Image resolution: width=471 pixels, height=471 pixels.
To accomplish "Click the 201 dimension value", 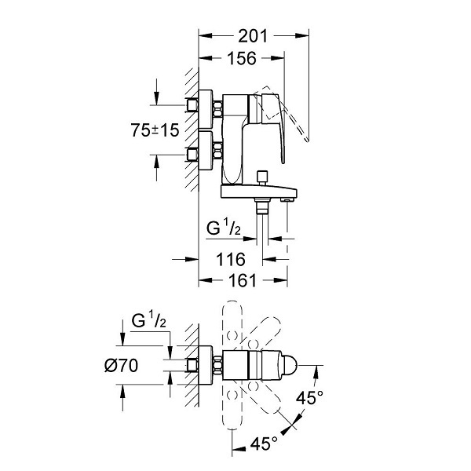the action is (253, 36).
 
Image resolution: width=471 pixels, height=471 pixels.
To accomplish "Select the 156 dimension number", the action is (242, 58).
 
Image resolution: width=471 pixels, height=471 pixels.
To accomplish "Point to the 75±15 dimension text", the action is (155, 130).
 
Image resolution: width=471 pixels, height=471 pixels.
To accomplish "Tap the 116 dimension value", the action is (231, 259).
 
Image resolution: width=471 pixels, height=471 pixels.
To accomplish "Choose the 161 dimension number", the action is (243, 281).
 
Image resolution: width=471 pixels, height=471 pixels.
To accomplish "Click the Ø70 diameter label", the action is (122, 366).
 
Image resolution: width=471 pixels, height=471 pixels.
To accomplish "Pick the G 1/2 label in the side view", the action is (224, 228).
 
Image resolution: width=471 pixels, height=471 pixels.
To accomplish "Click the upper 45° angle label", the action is (309, 398).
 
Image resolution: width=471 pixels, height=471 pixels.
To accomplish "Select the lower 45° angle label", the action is (264, 444).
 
